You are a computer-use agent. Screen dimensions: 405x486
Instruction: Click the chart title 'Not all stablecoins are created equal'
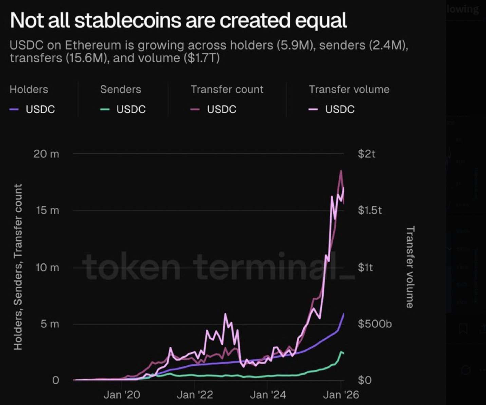pos(178,20)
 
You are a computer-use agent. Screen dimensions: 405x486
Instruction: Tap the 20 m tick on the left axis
pos(46,154)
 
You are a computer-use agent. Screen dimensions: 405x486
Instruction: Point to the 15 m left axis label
pos(47,211)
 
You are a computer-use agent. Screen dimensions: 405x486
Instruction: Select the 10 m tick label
pos(47,268)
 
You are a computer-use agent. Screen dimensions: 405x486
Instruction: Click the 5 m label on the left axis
pos(50,324)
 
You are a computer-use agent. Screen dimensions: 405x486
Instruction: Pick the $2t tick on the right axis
pos(367,154)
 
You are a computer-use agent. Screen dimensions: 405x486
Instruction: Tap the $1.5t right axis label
pos(370,210)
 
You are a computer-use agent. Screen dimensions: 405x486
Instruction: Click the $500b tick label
pos(375,324)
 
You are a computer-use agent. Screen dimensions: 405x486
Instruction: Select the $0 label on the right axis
pos(364,380)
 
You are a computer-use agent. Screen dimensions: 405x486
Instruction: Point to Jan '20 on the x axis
pos(121,395)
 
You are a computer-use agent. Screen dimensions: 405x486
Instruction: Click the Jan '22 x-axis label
pos(195,395)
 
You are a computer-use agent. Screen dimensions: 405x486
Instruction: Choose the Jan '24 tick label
pos(268,395)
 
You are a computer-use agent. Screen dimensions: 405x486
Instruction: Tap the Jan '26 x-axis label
pos(341,395)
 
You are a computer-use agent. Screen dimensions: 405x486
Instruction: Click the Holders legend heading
pos(29,89)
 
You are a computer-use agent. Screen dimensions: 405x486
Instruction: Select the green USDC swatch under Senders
pos(105,109)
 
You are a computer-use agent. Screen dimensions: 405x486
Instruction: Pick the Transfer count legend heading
pos(227,89)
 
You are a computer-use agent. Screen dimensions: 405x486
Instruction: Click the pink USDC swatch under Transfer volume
pos(313,109)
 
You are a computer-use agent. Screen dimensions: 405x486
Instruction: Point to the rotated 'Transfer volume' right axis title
pos(410,267)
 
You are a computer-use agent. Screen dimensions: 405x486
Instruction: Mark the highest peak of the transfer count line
pos(341,171)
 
